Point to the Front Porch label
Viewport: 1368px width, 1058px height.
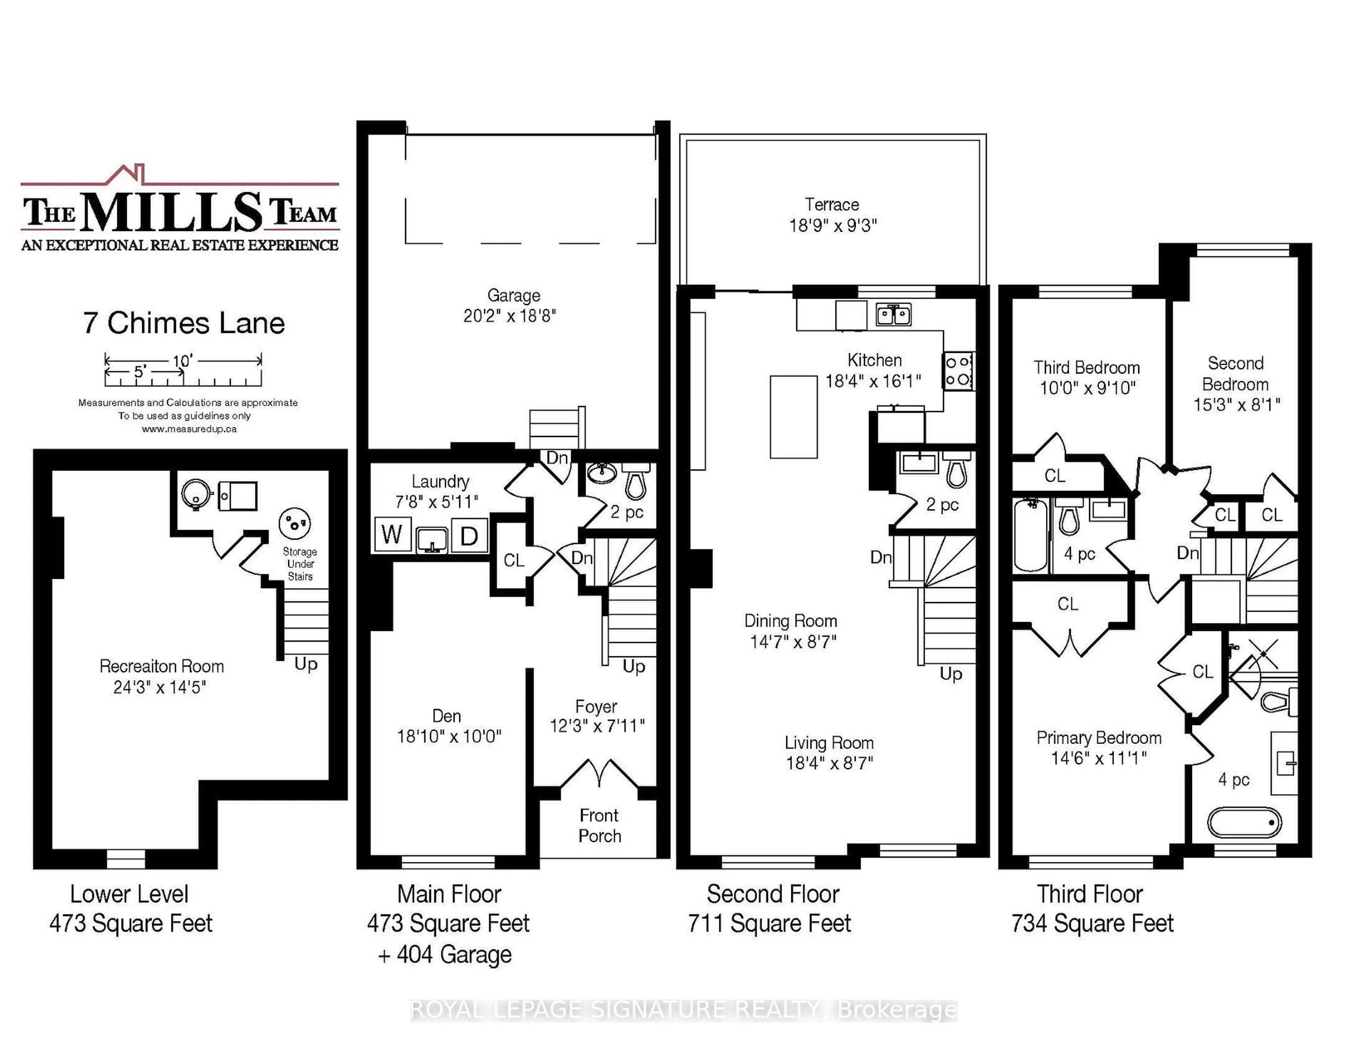click(x=600, y=826)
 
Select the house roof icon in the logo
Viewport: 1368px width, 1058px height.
click(x=126, y=174)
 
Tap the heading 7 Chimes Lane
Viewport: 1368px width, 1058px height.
click(x=183, y=323)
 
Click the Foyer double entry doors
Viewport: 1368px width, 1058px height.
click(x=600, y=774)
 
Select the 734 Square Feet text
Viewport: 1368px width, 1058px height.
click(x=1092, y=923)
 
